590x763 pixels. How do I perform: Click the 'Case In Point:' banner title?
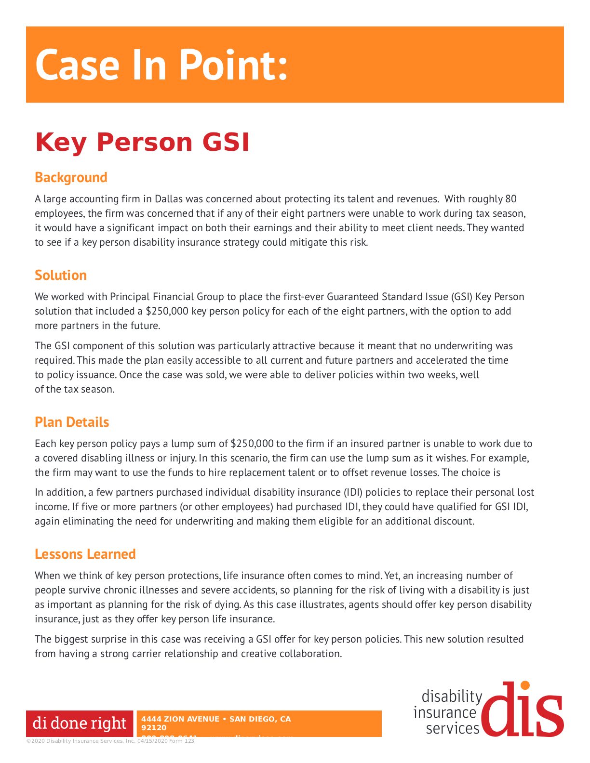[x=161, y=65]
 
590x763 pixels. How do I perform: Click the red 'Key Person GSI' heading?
[x=142, y=142]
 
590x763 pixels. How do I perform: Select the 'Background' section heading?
[x=71, y=177]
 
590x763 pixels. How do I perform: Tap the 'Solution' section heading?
[x=61, y=275]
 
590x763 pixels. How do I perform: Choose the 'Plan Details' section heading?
[x=72, y=422]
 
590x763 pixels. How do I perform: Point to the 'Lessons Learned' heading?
[x=85, y=554]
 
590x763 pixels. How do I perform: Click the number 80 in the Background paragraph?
[x=510, y=199]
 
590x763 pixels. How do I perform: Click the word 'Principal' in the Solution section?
[x=130, y=297]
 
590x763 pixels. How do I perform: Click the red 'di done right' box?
[x=80, y=724]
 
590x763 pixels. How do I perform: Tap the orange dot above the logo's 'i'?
[x=525, y=685]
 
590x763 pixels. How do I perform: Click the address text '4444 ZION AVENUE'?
[x=180, y=719]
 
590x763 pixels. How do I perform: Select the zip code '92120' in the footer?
[x=154, y=728]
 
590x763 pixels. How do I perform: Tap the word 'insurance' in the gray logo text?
[x=444, y=712]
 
